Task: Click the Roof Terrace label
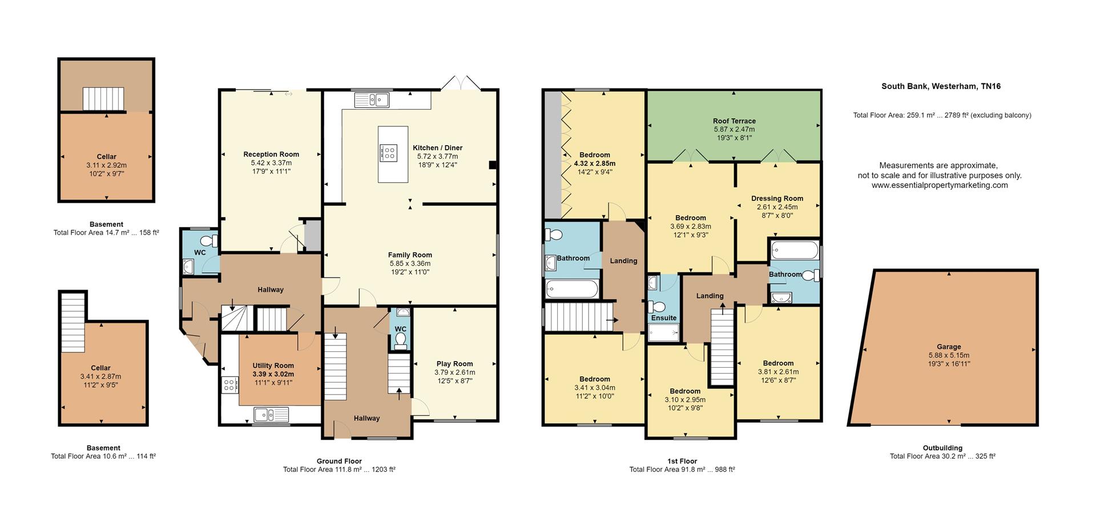[734, 121]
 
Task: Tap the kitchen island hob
[388, 152]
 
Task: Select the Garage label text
[948, 347]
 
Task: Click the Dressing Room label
[777, 199]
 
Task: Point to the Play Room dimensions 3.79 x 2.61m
[454, 372]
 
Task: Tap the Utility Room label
[273, 366]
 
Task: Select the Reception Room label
[271, 154]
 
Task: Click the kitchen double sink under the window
[371, 101]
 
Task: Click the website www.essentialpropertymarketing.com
[939, 185]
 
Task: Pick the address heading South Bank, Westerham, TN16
[941, 86]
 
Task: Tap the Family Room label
[410, 255]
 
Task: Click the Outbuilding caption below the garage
[942, 448]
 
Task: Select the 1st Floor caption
[682, 461]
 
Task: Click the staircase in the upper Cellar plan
[103, 99]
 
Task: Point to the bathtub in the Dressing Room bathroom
[794, 250]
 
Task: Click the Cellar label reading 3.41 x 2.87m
[100, 376]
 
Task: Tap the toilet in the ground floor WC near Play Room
[401, 340]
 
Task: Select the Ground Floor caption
[339, 461]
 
